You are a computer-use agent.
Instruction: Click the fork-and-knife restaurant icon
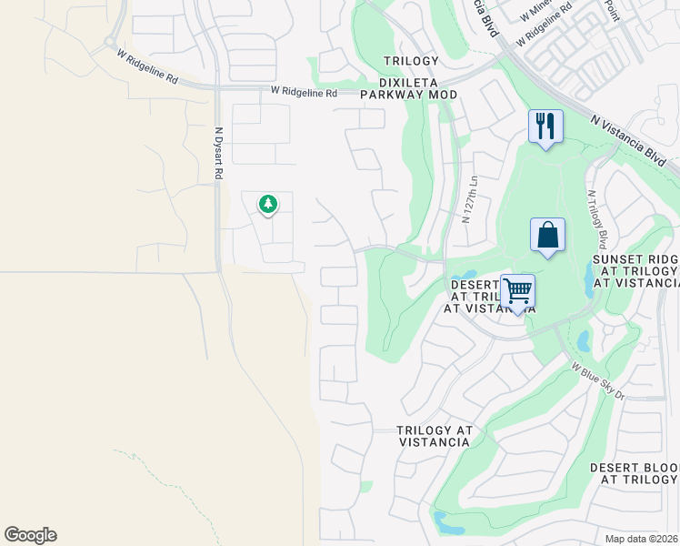[545, 126]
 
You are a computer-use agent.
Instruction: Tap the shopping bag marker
[547, 235]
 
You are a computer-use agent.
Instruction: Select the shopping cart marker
[517, 291]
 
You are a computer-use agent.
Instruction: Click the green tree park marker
[267, 205]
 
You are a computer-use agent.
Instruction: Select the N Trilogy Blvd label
[596, 219]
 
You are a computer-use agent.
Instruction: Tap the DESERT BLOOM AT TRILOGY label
[634, 473]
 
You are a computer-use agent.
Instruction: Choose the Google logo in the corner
[30, 535]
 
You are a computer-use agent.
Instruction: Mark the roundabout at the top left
[110, 42]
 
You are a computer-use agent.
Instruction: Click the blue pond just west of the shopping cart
[465, 276]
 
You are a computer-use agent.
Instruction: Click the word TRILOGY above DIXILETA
[405, 60]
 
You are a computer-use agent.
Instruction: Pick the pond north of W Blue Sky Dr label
[582, 339]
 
